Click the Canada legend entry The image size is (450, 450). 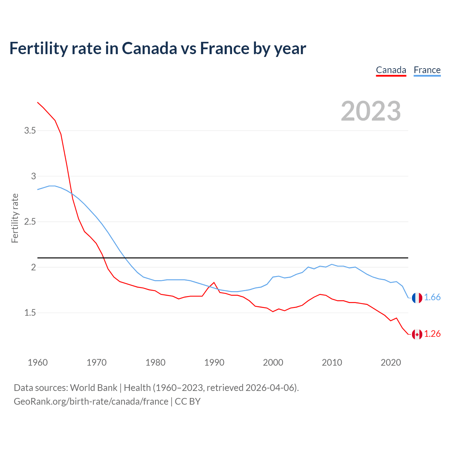coord(391,70)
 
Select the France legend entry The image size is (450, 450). coord(427,70)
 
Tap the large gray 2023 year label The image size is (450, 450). coord(371,111)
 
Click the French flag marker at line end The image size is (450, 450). coord(417,298)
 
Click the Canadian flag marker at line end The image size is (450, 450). coord(417,334)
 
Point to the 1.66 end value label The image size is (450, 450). coord(432,297)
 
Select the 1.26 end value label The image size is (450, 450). coord(432,334)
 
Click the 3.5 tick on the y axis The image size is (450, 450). coord(30,131)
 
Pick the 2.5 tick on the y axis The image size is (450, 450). coord(30,222)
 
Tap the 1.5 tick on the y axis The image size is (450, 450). coord(30,313)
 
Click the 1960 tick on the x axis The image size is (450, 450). coord(38,362)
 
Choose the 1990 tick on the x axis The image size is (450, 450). coord(214,362)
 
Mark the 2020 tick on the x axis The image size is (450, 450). coord(391,362)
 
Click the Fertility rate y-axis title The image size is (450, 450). coord(15,218)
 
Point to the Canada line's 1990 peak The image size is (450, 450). coord(214,282)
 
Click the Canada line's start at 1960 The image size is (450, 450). coord(38,102)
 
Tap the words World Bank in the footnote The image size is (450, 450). coord(94,388)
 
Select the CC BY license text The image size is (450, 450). coord(188,401)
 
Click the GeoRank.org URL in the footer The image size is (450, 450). coord(91,401)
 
